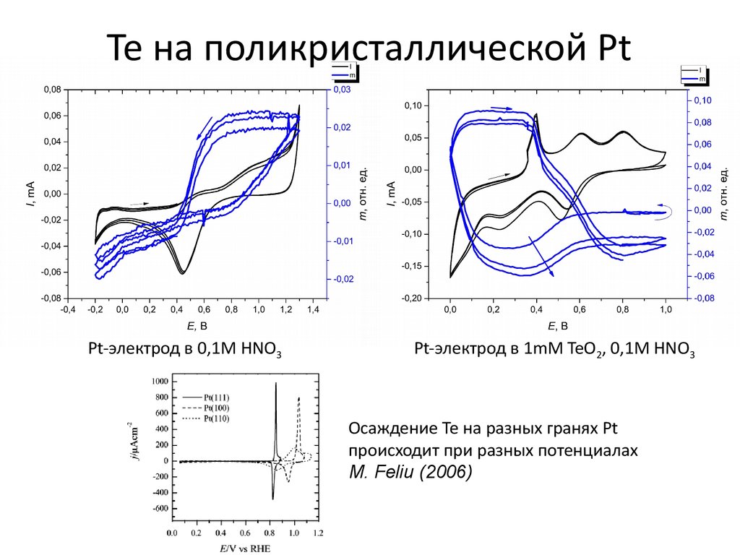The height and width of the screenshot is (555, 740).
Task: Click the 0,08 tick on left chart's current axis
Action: pos(52,90)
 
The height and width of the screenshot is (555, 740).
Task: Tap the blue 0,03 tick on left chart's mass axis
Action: pos(340,90)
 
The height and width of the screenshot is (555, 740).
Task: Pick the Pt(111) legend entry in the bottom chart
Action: pos(216,397)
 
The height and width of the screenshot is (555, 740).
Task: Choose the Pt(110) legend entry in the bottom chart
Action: pos(216,419)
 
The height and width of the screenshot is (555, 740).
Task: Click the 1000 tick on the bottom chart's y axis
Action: pos(159,381)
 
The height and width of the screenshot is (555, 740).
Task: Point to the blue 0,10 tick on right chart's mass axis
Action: pos(702,100)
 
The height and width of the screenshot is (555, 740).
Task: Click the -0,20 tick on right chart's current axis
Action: pos(411,298)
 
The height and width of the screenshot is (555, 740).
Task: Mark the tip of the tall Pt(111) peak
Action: pos(276,384)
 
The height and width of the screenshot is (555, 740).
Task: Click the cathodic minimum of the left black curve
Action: pos(182,273)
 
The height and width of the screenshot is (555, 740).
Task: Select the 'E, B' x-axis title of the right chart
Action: pos(556,325)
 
